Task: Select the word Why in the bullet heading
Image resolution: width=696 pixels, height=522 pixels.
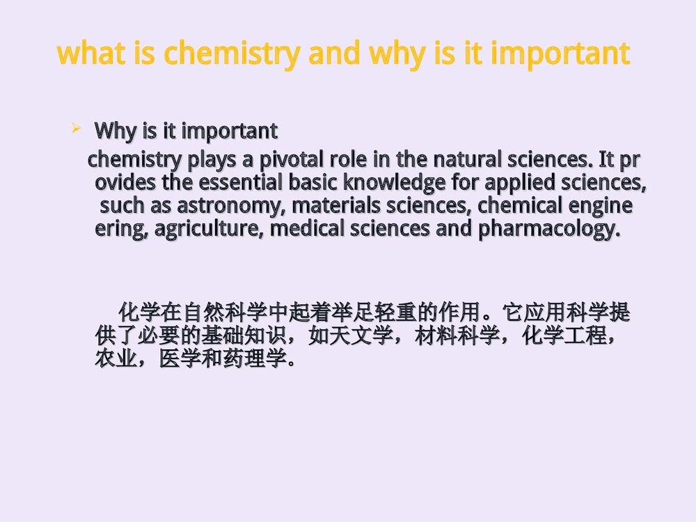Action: point(113,130)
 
